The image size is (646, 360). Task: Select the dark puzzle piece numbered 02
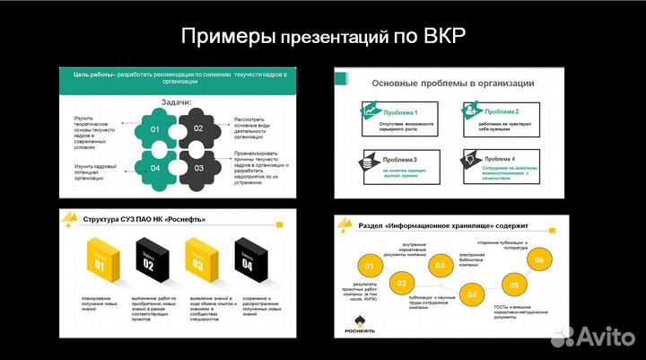[x=198, y=129]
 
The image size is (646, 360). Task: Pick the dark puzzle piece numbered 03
[x=198, y=168]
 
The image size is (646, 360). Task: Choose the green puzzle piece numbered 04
[x=155, y=168]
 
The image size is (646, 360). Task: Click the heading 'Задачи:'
[x=176, y=103]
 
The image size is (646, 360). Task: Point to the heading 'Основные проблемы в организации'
[x=452, y=83]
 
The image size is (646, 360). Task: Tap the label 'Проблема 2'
[x=502, y=110]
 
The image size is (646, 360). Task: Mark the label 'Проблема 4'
[x=502, y=159]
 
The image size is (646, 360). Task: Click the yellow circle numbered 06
[x=538, y=261]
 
